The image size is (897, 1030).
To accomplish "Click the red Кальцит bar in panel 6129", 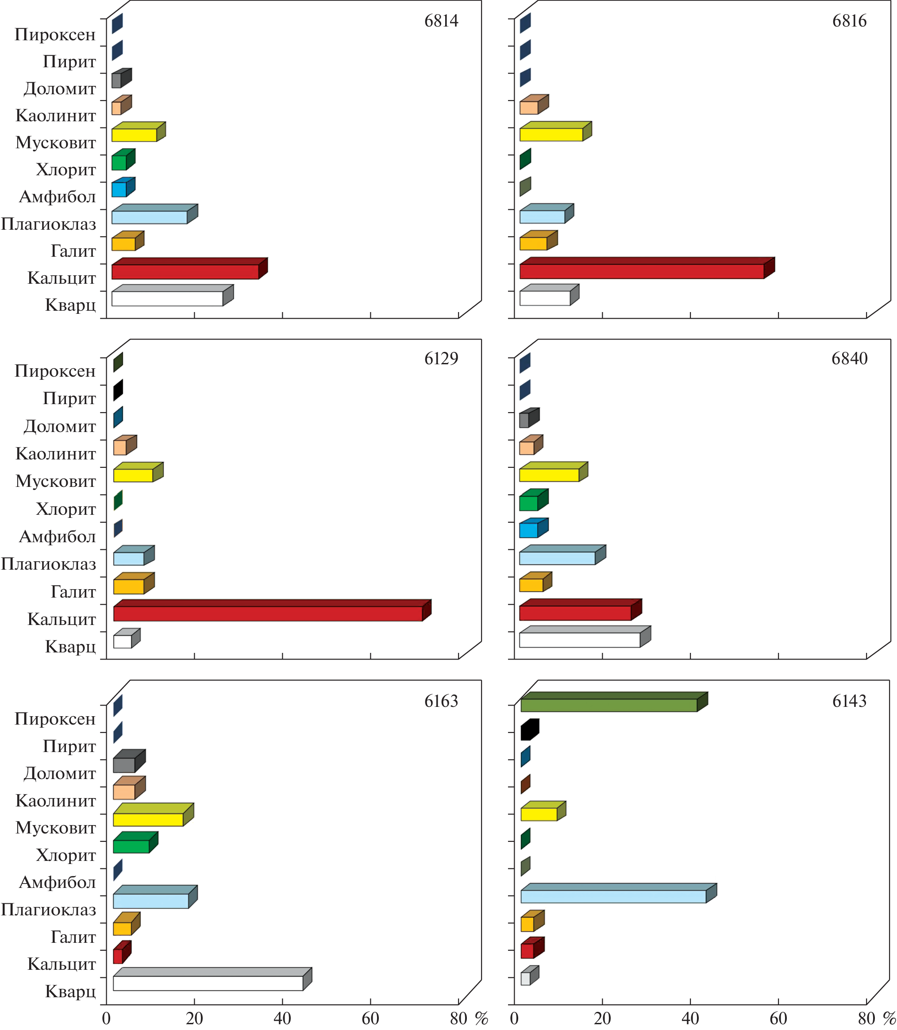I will click(x=268, y=613).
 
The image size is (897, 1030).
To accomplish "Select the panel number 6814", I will click(x=441, y=21).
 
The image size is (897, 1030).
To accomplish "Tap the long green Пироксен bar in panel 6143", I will click(x=608, y=705).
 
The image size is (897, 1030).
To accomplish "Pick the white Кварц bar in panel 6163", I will click(x=208, y=983).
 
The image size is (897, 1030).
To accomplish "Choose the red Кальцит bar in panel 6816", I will click(x=641, y=271).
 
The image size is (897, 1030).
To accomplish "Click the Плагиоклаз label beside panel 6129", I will click(x=49, y=564).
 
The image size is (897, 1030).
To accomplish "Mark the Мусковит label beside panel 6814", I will click(x=56, y=143).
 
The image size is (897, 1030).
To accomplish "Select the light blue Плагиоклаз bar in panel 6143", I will click(x=613, y=896).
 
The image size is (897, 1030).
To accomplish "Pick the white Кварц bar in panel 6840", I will click(x=580, y=640).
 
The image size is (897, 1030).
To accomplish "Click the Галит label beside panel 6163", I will click(x=73, y=936).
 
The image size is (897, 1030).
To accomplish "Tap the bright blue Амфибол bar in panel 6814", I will click(x=119, y=189).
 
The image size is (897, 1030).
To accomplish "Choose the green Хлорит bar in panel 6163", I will click(x=131, y=846).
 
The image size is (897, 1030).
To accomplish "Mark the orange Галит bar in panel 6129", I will click(x=129, y=586).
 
